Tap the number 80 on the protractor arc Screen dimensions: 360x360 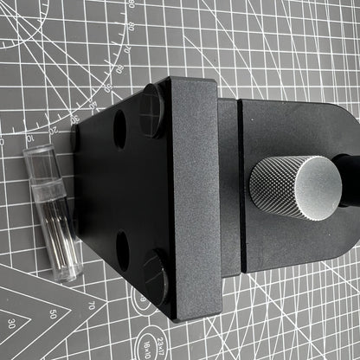(130, 26)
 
